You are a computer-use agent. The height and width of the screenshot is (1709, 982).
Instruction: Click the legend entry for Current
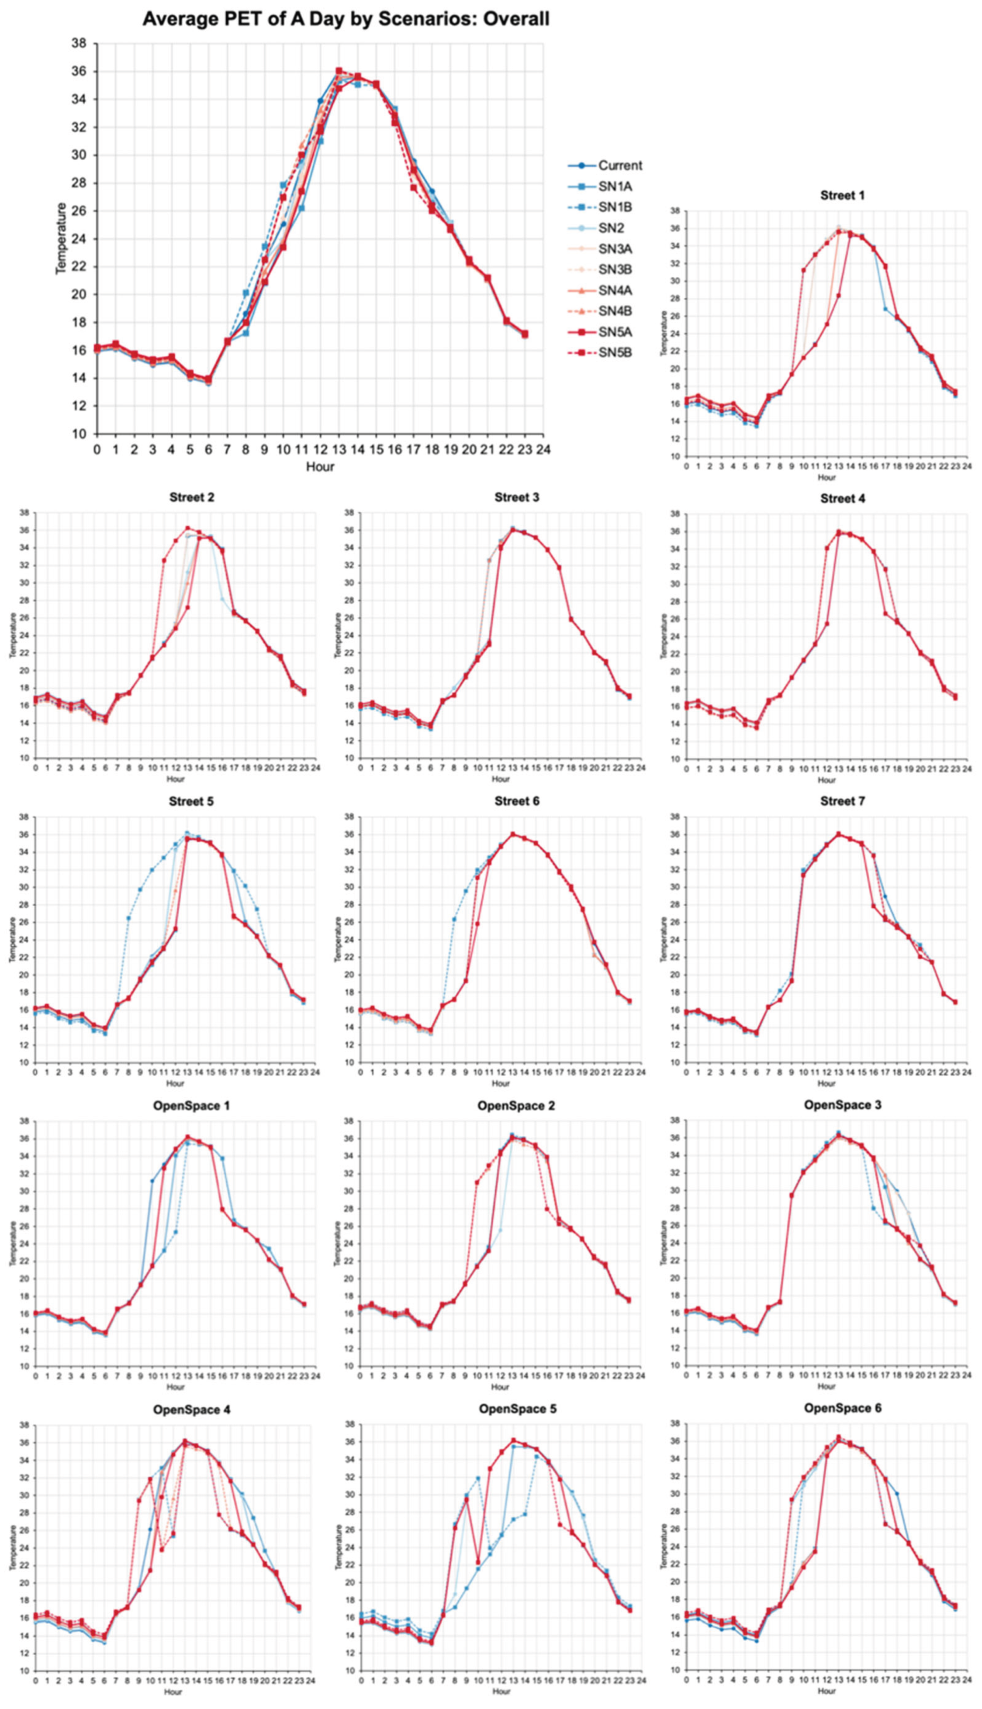pyautogui.click(x=619, y=165)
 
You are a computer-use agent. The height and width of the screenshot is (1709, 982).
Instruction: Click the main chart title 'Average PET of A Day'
pyautogui.click(x=346, y=18)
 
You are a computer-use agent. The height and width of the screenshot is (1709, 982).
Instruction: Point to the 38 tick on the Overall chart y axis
pyautogui.click(x=80, y=44)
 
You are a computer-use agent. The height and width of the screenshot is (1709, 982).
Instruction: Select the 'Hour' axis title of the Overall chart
pyautogui.click(x=320, y=466)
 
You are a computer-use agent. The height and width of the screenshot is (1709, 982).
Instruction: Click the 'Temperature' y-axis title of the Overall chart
pyautogui.click(x=61, y=238)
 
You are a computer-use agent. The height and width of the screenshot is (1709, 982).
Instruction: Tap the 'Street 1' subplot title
pyautogui.click(x=842, y=196)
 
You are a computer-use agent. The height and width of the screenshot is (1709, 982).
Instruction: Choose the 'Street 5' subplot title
pyautogui.click(x=191, y=801)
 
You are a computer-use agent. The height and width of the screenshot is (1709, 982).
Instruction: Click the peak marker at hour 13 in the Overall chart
pyautogui.click(x=339, y=71)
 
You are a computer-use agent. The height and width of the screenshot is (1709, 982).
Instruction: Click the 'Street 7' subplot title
pyautogui.click(x=842, y=801)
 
